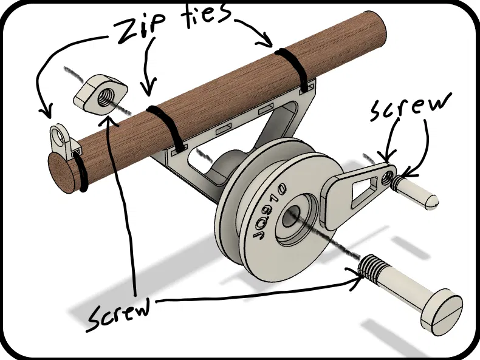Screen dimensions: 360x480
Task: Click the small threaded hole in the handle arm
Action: [x=389, y=177]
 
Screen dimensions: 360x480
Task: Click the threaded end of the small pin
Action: [x=399, y=182]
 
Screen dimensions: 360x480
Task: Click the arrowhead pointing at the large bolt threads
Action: [x=358, y=276]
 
